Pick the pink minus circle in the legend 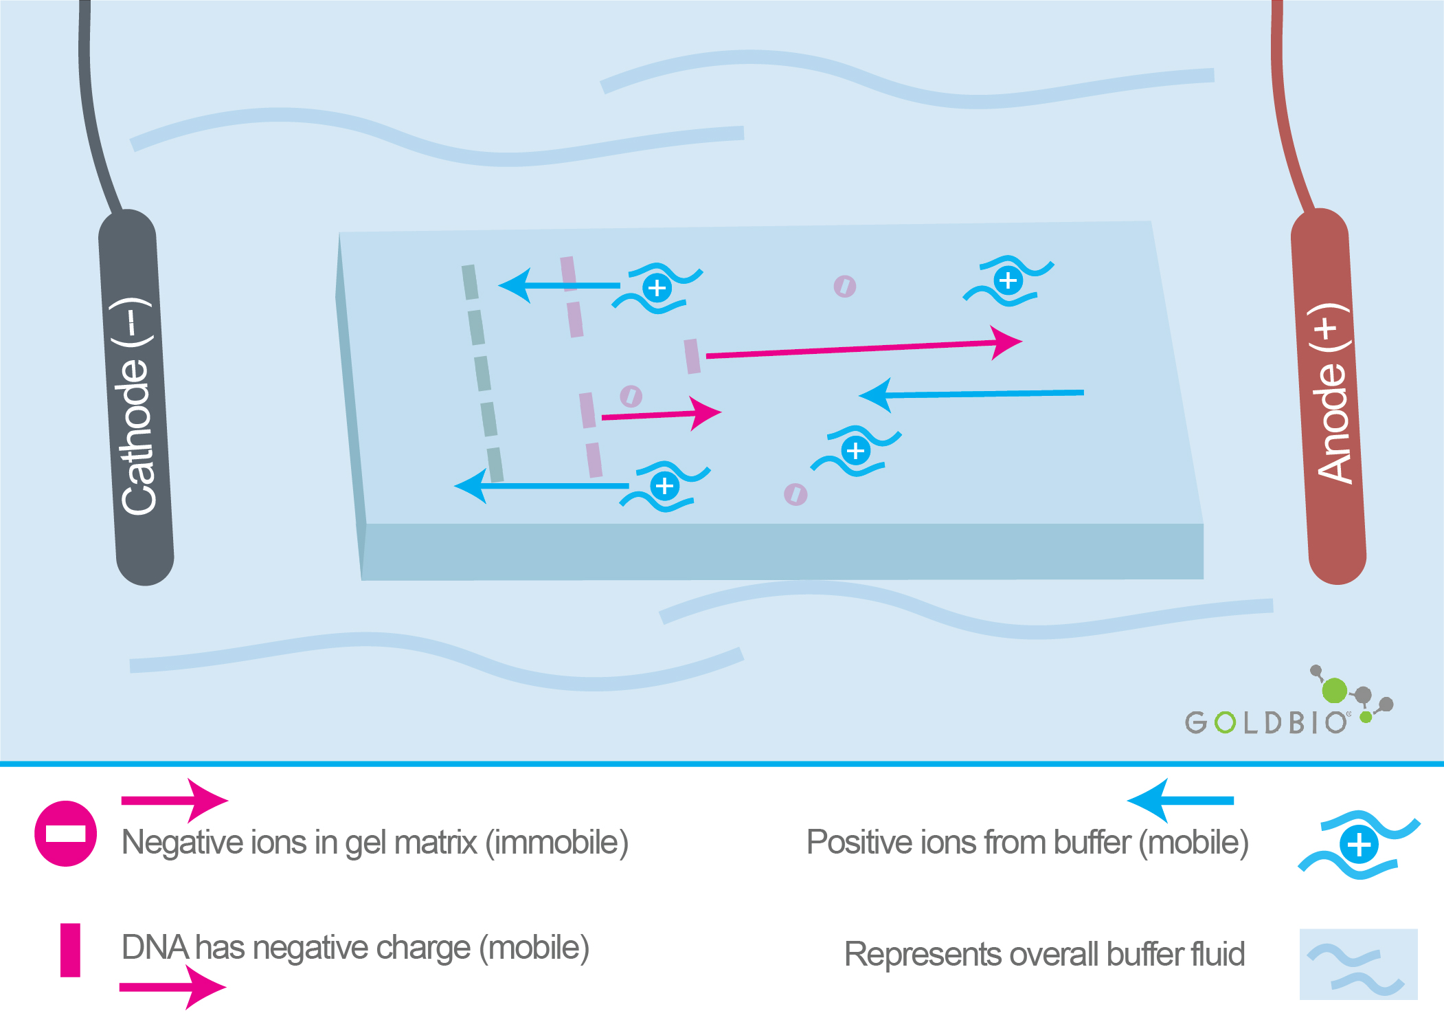pos(65,833)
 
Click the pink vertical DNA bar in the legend pos(70,950)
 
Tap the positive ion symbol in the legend pos(1359,845)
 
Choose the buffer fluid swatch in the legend pos(1358,964)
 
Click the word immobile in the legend pos(557,843)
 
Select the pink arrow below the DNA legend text pos(172,988)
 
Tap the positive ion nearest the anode pos(1008,280)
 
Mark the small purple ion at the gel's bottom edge pos(796,494)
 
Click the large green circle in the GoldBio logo pos(1334,690)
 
